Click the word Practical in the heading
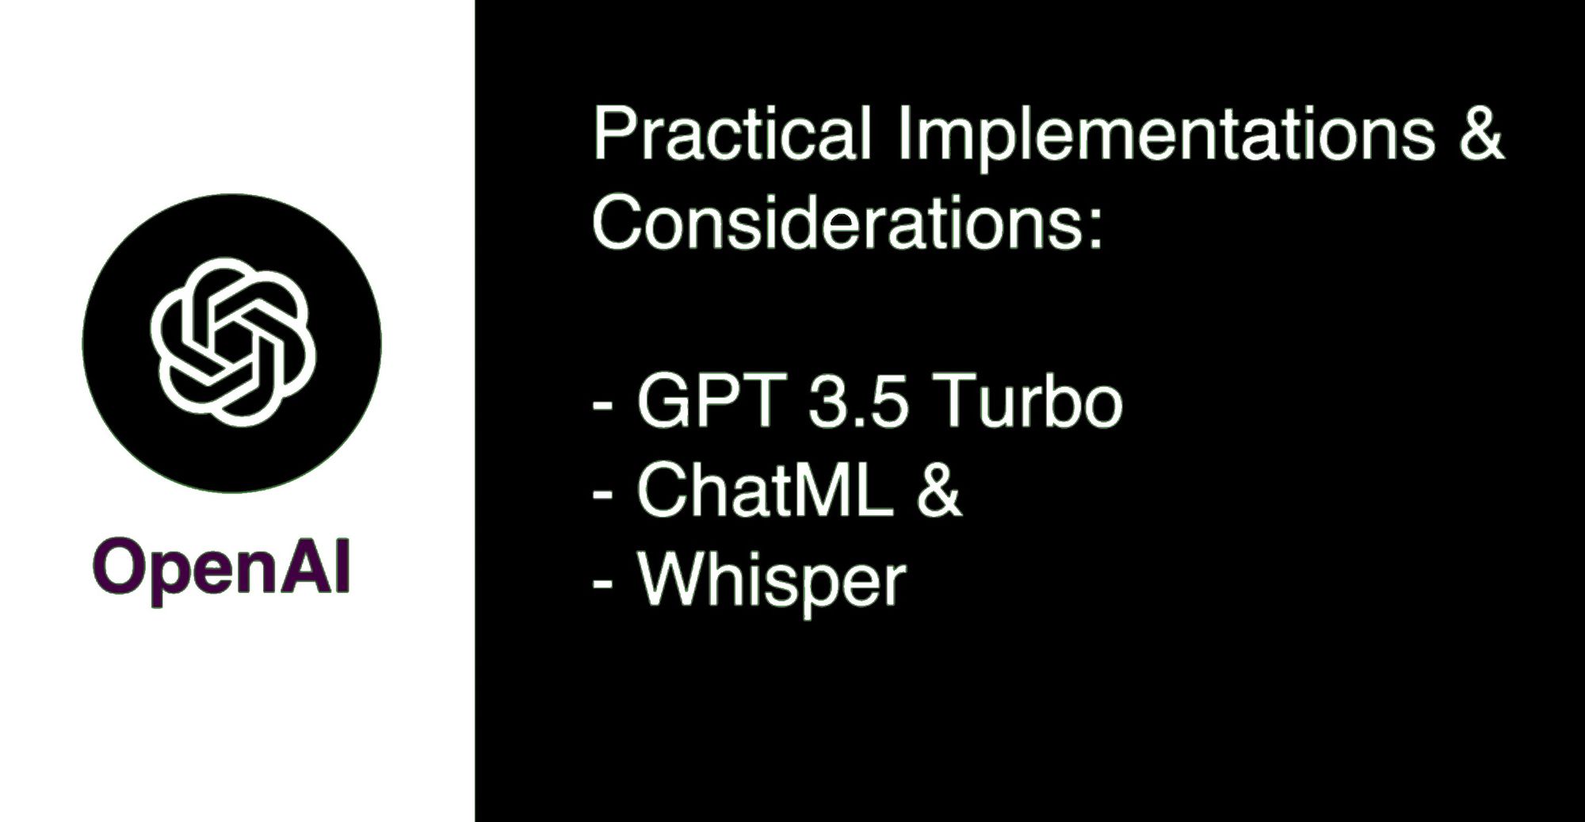731,135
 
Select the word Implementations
1166,135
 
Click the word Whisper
771,581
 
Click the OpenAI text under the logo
221,568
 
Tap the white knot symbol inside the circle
232,342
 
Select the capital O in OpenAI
116,567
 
